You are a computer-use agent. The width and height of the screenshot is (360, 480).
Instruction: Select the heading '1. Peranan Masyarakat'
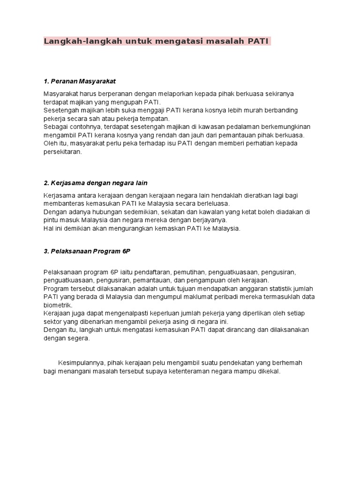point(80,81)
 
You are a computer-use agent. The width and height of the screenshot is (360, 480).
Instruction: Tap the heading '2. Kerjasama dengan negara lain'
point(99,183)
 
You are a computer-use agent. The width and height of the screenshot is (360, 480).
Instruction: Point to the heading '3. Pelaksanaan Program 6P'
point(87,251)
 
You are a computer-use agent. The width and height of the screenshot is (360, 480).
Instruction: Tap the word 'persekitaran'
point(62,152)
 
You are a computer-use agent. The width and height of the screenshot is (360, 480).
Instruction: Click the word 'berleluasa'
point(214,203)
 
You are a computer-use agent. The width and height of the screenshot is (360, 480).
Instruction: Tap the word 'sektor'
point(52,322)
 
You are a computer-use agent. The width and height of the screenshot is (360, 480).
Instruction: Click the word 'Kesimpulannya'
point(82,363)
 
